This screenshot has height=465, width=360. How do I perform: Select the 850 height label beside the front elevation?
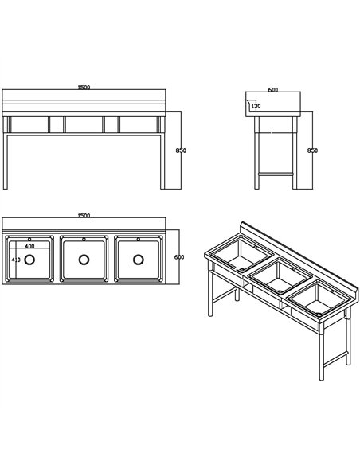182,150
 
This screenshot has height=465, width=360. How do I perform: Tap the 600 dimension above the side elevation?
272,89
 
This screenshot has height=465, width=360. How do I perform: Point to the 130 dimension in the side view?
256,106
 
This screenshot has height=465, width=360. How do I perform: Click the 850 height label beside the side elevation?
312,150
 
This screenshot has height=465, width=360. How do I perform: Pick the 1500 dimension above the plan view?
84,216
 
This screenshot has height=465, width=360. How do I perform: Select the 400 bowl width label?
29,246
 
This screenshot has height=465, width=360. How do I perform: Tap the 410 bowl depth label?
15,260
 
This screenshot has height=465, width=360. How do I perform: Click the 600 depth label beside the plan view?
179,257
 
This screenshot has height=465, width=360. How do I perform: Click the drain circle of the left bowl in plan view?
30,259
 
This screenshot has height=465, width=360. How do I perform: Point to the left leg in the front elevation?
6,159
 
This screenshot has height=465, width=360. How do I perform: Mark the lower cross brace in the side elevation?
274,172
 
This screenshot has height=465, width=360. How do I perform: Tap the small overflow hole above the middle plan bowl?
84,239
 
